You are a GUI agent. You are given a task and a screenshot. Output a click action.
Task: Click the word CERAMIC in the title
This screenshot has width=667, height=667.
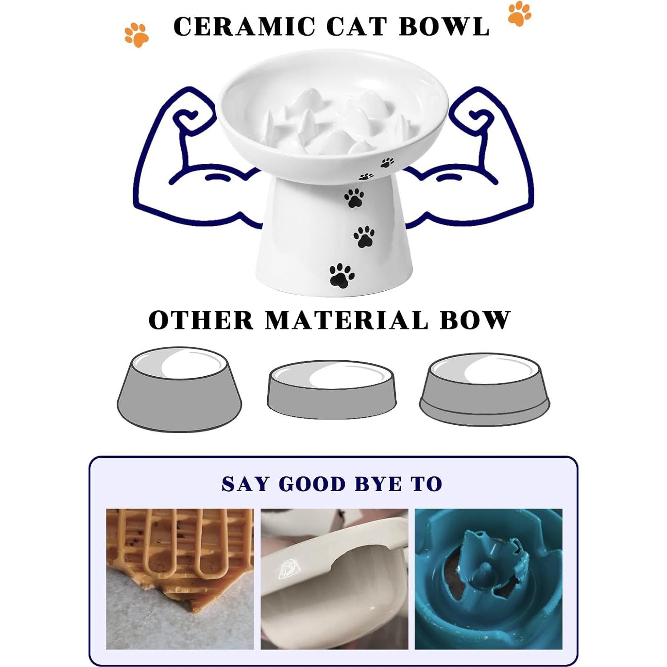point(244,26)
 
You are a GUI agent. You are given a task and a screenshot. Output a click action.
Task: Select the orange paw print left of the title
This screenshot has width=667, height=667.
point(136,35)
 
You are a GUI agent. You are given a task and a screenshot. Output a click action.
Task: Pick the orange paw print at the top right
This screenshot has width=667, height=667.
point(519,14)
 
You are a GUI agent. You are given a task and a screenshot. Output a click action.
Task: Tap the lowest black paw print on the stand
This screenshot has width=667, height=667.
point(342,275)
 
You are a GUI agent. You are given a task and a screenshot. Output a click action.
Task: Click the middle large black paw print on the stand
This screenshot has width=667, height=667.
point(364,236)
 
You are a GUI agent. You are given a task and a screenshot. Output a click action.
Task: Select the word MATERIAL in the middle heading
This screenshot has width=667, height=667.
point(346,320)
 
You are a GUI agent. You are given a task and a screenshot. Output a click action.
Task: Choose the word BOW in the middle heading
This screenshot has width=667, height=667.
point(475,320)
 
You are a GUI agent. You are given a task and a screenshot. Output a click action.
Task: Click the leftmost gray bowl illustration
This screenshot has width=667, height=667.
point(179,390)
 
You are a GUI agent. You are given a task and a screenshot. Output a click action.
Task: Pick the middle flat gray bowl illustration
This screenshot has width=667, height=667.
point(331,390)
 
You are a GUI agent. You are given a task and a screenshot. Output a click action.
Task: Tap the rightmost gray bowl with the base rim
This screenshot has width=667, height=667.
point(484,390)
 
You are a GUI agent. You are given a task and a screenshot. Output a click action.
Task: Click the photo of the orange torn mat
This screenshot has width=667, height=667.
point(180,579)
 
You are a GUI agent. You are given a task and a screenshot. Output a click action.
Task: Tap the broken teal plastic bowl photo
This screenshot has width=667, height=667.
point(488,579)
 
